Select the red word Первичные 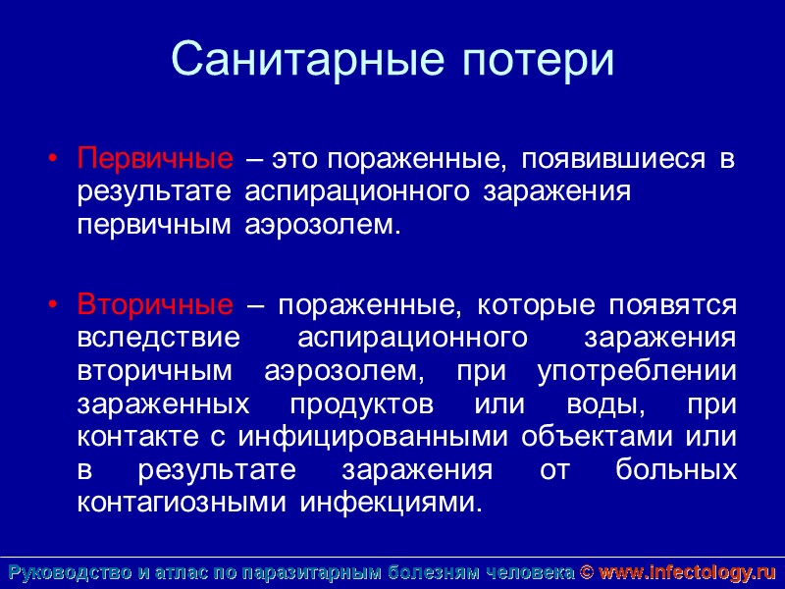point(155,158)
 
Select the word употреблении point(637,371)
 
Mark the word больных point(676,470)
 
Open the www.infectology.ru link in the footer point(687,572)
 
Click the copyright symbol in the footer point(587,572)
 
